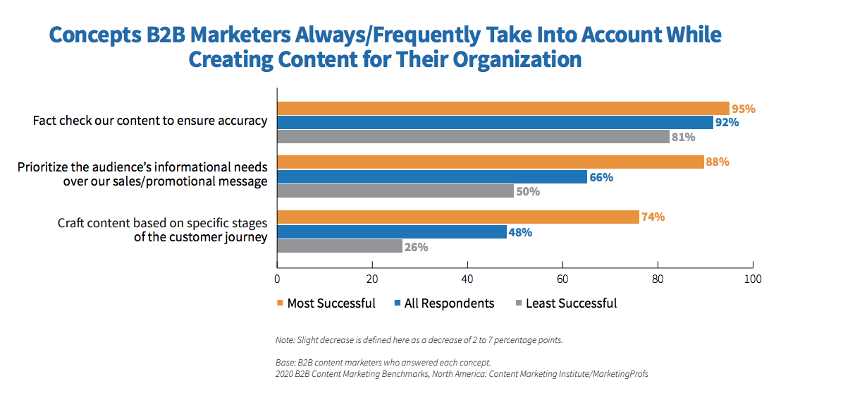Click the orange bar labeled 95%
[503, 109]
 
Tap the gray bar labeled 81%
[473, 137]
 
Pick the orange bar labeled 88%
[490, 162]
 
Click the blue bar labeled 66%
[431, 176]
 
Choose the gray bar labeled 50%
[395, 191]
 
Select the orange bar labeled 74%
[457, 217]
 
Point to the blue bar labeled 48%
[391, 231]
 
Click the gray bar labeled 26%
[339, 246]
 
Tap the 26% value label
[416, 247]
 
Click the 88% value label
[717, 162]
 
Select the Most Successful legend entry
[326, 303]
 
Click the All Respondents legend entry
[444, 303]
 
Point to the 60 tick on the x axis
[562, 279]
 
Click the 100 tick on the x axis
[753, 279]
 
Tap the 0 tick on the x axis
[277, 279]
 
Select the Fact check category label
[150, 121]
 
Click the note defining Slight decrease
[419, 340]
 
